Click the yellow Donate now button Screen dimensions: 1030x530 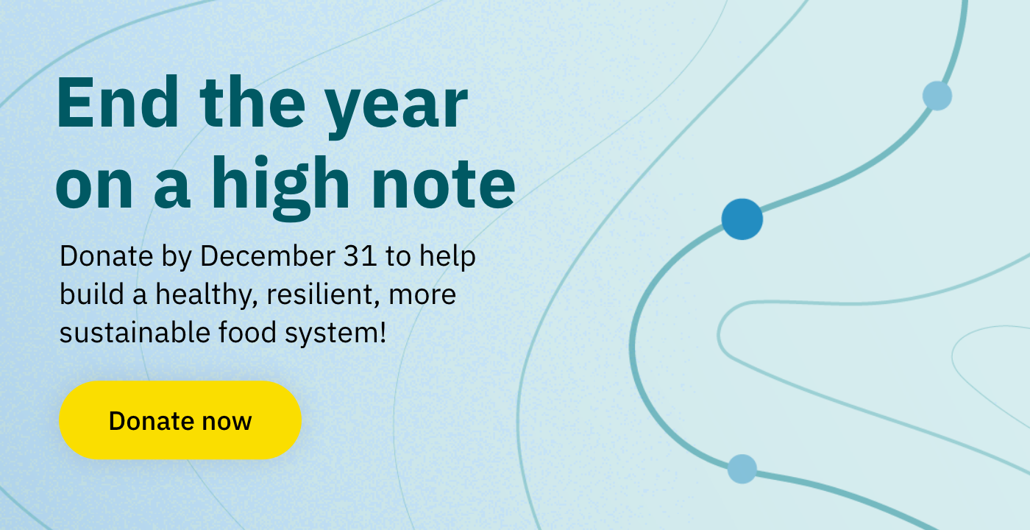pos(180,420)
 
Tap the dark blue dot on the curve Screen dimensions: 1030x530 pos(742,219)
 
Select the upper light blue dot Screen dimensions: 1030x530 pos(937,96)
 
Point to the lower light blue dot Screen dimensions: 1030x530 pos(742,469)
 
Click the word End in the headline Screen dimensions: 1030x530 pos(118,102)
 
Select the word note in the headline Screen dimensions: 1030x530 pos(443,184)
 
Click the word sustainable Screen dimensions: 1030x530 pos(135,332)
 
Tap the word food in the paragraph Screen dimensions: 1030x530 pos(247,332)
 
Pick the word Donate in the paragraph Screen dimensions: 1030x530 pos(106,256)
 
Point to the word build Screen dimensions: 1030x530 pos(92,294)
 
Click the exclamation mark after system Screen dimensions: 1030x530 pos(383,332)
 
